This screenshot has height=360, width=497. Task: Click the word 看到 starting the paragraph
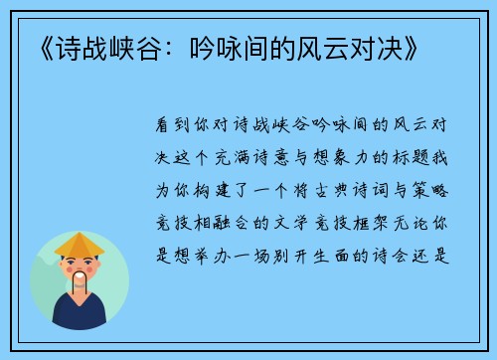(x=176, y=126)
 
